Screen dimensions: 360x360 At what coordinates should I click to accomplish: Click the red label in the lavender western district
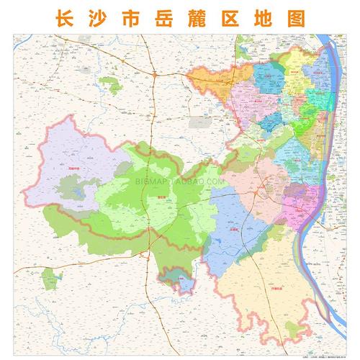[x=71, y=168]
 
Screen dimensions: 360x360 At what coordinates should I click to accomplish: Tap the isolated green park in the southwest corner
[x=48, y=277]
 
